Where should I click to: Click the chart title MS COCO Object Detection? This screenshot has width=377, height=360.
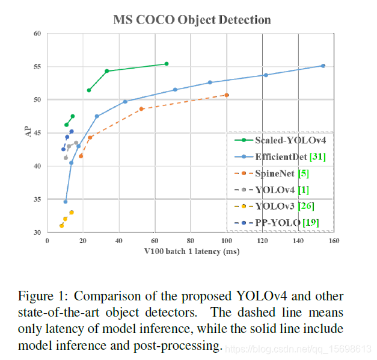[192, 20]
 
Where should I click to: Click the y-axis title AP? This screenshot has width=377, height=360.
[28, 132]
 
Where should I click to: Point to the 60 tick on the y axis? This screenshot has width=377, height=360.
[37, 34]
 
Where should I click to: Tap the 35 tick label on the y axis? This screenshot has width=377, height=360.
[37, 199]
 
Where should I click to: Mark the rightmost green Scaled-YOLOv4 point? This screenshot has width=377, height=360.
[167, 64]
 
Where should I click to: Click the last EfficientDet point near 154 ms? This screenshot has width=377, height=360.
[323, 66]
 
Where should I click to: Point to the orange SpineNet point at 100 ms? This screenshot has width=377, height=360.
[227, 95]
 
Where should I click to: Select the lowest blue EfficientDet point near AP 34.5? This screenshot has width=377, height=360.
[66, 202]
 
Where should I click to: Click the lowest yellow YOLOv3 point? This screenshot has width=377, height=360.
[61, 226]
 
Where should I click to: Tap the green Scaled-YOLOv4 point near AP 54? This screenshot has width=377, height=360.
[107, 71]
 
